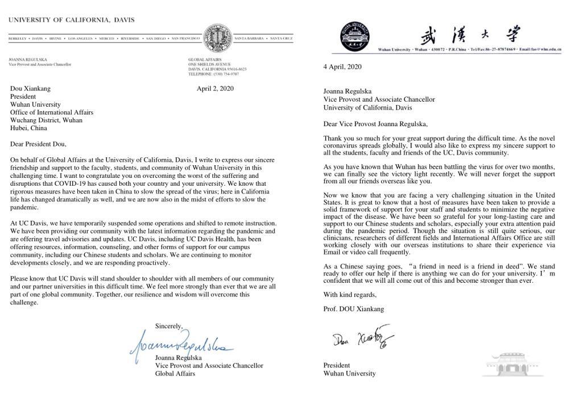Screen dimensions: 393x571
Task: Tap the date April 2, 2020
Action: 215,89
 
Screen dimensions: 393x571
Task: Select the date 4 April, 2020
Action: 342,66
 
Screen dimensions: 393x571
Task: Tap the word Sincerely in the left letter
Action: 169,326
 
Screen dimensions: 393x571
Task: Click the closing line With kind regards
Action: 350,295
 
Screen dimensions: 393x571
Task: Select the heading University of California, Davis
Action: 71,20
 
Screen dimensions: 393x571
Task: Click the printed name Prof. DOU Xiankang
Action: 354,309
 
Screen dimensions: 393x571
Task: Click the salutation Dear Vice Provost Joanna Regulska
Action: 375,124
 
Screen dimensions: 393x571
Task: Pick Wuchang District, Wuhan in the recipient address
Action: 46,120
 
